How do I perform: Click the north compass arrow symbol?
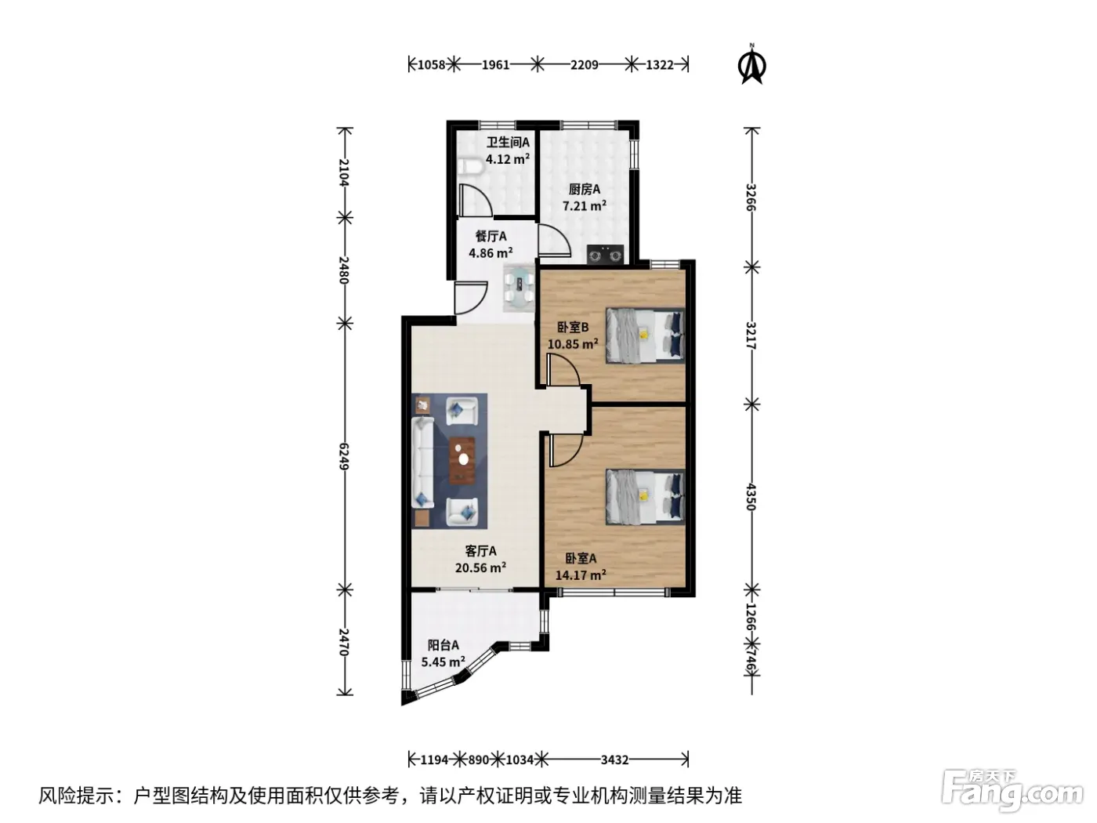[751, 65]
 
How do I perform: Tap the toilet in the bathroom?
[470, 167]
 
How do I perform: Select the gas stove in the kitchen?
[605, 254]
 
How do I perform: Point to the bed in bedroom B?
[645, 335]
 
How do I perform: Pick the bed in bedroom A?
[645, 496]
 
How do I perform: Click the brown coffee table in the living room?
[462, 461]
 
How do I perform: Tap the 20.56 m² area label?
[480, 567]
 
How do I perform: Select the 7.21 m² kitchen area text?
[585, 206]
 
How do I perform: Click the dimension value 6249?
[343, 456]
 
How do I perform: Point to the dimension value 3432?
[614, 760]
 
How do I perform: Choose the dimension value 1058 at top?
[431, 65]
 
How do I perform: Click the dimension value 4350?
[750, 497]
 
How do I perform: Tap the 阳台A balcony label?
[443, 645]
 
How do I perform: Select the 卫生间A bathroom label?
[508, 143]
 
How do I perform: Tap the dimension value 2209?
[585, 65]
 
